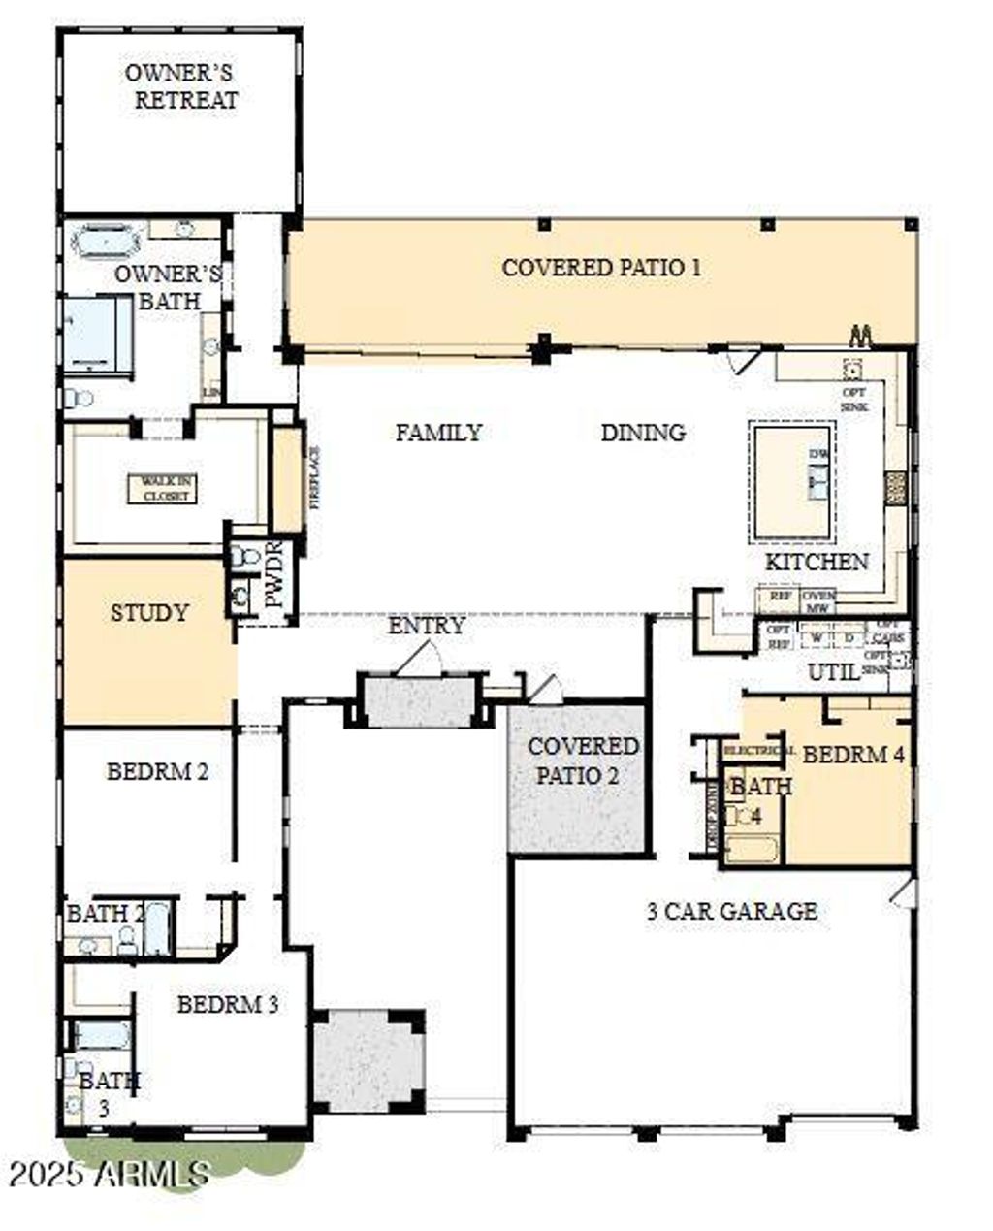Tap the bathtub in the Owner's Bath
click(x=108, y=240)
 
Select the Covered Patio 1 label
click(x=601, y=268)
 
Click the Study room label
click(x=148, y=614)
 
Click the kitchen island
click(x=791, y=481)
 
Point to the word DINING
click(x=643, y=433)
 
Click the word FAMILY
click(x=438, y=433)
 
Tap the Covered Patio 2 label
click(x=582, y=761)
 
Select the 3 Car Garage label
click(x=731, y=911)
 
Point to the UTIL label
click(x=834, y=671)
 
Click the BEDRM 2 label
click(x=157, y=772)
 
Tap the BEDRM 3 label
click(x=228, y=1004)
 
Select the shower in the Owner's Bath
click(x=96, y=333)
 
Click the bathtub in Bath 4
click(x=752, y=849)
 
